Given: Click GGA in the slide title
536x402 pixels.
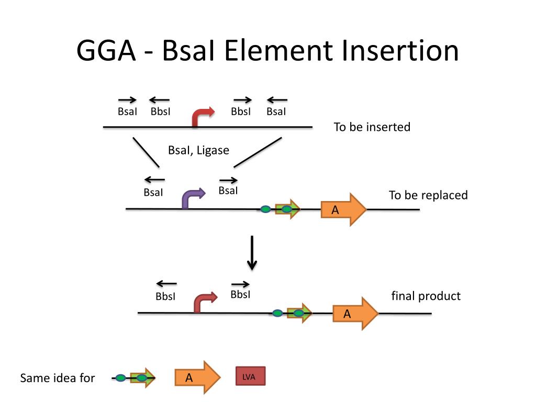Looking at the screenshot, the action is [106, 51].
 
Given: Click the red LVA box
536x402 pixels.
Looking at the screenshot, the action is [251, 376].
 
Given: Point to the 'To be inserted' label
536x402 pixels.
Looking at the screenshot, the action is [372, 127].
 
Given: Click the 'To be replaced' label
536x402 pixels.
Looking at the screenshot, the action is [428, 195].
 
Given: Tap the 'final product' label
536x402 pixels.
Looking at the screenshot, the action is [426, 296].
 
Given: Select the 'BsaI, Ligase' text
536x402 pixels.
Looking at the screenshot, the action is [198, 150].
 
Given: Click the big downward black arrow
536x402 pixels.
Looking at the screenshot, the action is [252, 253].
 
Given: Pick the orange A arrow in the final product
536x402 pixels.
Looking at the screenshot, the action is [355, 314].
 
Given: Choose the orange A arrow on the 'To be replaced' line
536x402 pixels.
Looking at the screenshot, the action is [343, 209].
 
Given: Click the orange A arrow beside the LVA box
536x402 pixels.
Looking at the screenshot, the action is [197, 377].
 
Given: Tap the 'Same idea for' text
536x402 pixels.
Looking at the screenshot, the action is [58, 378].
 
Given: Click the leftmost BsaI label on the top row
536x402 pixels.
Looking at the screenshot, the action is [127, 111].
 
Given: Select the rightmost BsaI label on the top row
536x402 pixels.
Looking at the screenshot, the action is [276, 111].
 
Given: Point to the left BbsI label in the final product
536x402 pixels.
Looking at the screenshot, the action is [165, 296].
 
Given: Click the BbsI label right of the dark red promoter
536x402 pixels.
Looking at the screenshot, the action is [240, 294].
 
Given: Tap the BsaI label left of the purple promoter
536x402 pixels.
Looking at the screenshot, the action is [153, 193].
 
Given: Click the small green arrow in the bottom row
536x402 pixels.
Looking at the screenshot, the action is [143, 378].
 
